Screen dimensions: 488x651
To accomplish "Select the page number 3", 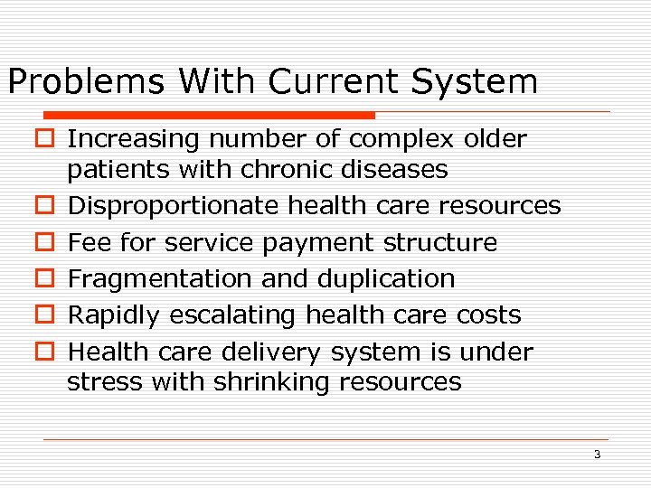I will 597,455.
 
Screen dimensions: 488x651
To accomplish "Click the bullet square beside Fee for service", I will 48,243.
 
